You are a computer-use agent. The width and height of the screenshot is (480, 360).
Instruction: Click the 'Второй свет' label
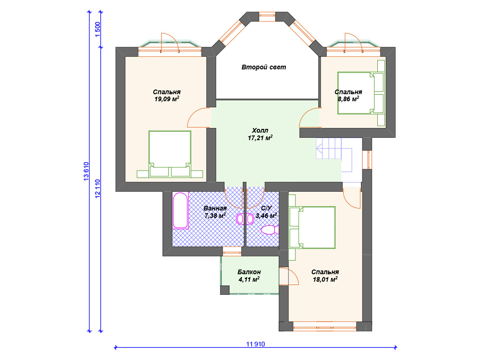point(263,67)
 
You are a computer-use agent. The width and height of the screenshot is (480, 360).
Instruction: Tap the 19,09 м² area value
point(166,99)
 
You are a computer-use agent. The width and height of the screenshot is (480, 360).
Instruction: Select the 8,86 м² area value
point(348,99)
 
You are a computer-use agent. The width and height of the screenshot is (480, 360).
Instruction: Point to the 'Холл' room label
point(260,130)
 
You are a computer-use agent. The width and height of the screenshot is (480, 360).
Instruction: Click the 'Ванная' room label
point(215,209)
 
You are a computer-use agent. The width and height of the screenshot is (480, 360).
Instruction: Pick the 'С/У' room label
point(266,209)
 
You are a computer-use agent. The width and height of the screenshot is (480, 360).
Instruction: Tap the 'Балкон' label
point(249,272)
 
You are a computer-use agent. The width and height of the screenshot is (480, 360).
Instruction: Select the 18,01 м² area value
point(325,279)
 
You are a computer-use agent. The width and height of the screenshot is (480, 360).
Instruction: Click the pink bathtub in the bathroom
point(180,210)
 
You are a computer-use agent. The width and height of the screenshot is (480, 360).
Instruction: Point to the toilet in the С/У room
point(270,230)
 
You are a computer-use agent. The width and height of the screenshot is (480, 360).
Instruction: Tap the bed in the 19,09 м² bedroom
point(170,154)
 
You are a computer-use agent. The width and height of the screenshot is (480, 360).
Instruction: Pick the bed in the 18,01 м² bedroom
point(312,227)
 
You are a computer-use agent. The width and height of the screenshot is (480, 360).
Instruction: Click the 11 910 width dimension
point(255,344)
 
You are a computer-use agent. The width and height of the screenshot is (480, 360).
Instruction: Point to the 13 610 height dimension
point(86,171)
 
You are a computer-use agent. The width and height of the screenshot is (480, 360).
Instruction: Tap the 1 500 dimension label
point(97,30)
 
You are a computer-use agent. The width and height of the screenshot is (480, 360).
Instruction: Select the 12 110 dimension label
point(97,188)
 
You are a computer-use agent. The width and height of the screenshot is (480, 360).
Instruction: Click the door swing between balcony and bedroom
point(289,276)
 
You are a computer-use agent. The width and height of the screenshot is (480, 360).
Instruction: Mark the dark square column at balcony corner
point(225,290)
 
